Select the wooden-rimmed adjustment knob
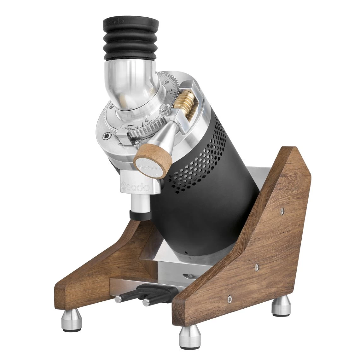tap(152, 164)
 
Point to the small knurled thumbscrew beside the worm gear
tap(166, 110)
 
